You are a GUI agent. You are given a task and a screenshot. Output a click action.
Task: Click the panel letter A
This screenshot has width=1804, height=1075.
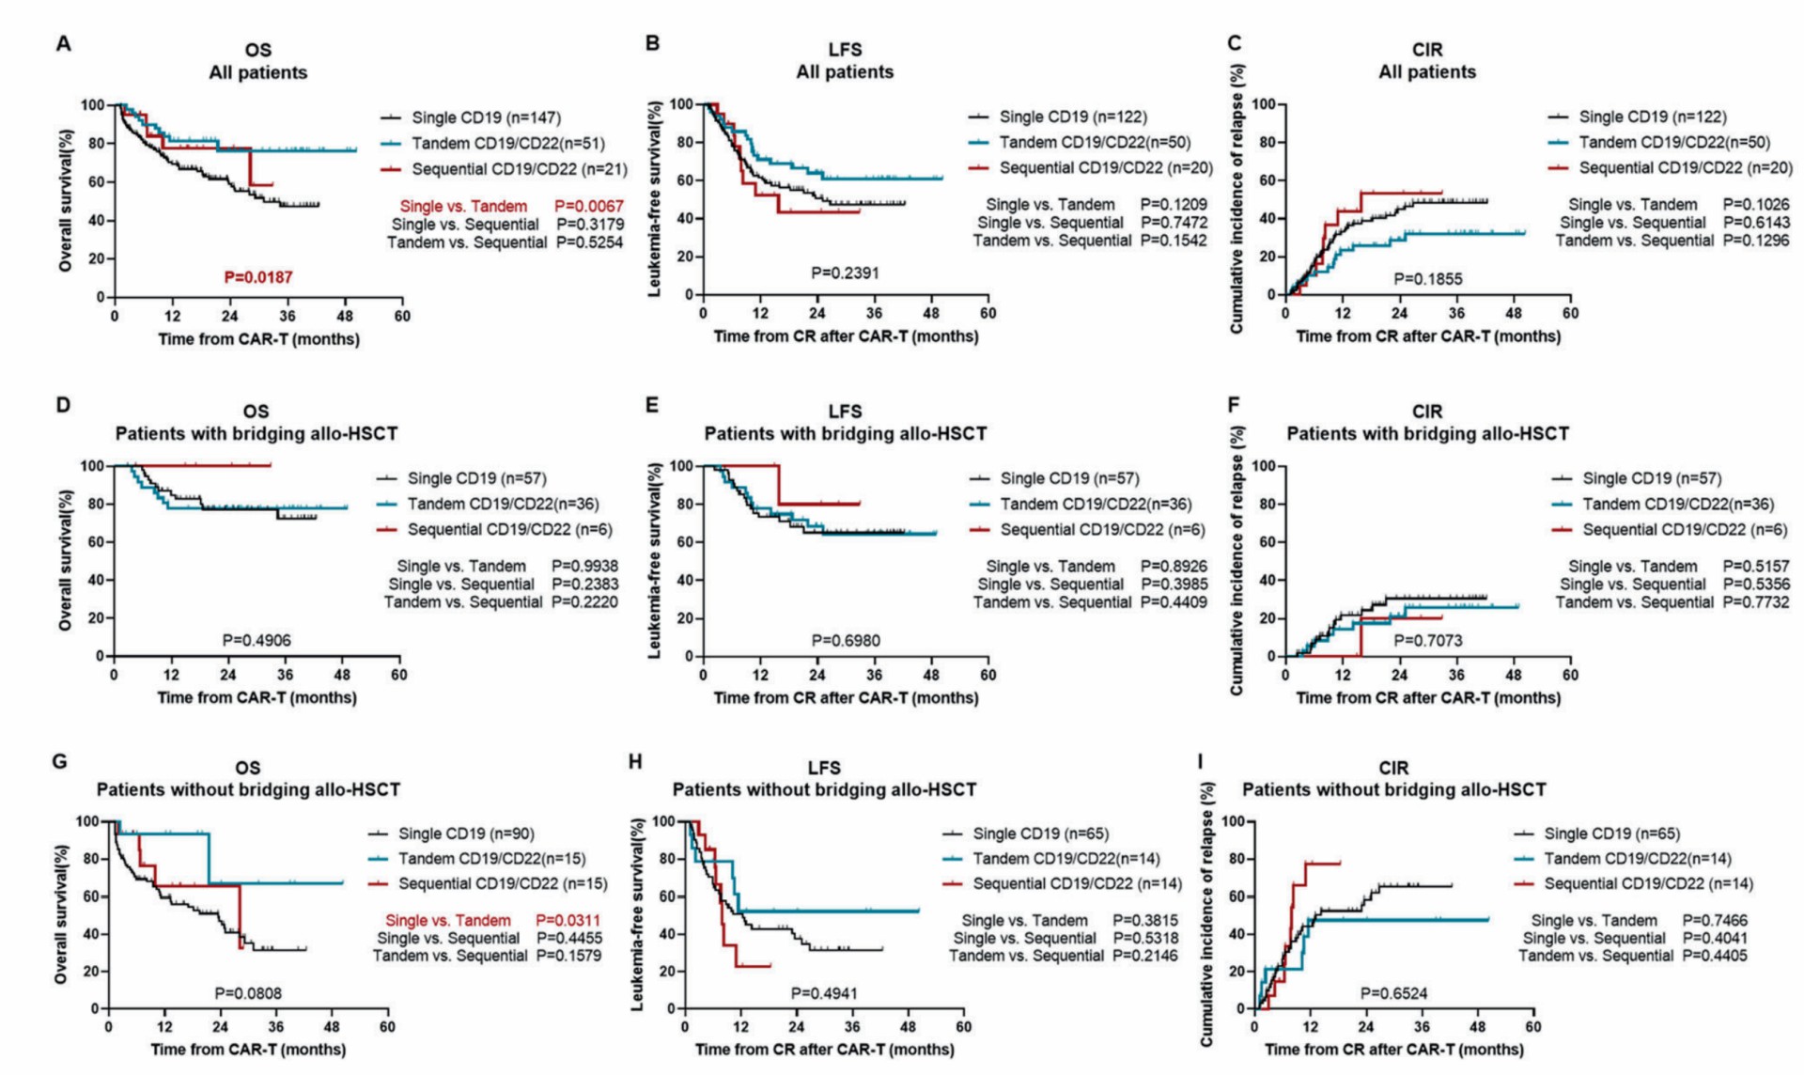click(63, 43)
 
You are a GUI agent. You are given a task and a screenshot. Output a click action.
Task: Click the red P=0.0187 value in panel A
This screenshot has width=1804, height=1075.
click(257, 277)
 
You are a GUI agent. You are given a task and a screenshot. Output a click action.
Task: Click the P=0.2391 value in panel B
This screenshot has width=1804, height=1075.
click(845, 273)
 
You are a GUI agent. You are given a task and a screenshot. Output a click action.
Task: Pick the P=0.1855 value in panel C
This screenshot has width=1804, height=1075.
click(1427, 279)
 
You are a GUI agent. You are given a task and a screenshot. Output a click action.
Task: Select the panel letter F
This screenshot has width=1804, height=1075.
click(1234, 405)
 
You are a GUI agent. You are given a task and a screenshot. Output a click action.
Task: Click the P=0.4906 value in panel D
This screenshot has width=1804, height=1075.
click(256, 640)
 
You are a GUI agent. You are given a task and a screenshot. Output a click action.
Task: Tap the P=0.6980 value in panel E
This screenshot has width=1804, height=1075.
click(845, 641)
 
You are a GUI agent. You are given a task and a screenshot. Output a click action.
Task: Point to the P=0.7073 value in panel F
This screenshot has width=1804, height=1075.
click(1427, 641)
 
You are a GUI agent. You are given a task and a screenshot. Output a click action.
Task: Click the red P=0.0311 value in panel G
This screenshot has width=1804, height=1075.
click(568, 920)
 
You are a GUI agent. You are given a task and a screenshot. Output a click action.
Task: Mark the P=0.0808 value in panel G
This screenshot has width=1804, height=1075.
click(247, 992)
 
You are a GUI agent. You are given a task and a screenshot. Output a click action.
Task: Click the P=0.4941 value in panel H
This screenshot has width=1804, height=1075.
click(824, 993)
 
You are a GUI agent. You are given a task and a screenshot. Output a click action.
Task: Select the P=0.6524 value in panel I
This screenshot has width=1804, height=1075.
click(1393, 993)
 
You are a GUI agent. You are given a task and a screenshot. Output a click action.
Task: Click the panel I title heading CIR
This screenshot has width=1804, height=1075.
click(1393, 768)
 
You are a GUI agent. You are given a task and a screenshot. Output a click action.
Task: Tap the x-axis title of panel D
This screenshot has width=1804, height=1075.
click(257, 697)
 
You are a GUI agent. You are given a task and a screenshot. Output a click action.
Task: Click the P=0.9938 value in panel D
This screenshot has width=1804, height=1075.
click(584, 566)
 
